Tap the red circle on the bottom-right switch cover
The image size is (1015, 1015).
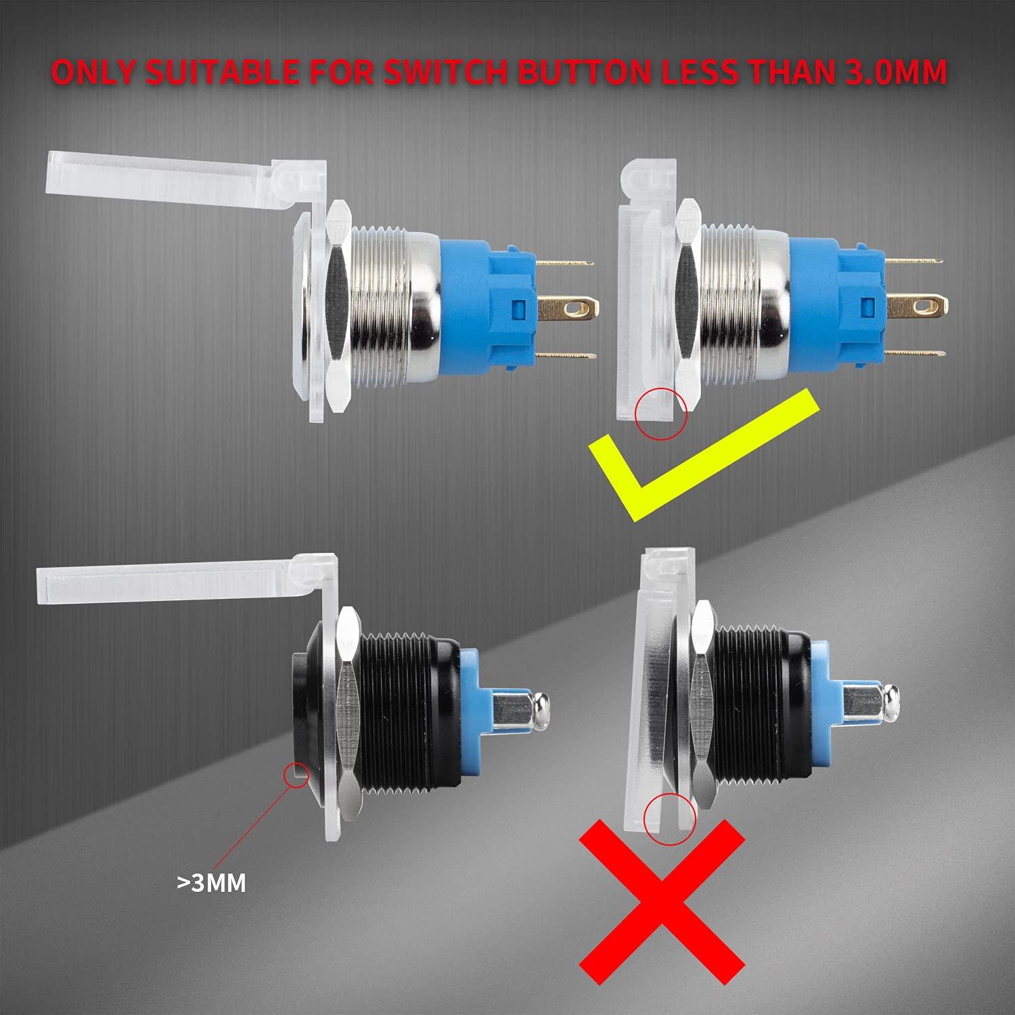(x=669, y=818)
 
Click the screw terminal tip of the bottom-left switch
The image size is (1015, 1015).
(x=542, y=715)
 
